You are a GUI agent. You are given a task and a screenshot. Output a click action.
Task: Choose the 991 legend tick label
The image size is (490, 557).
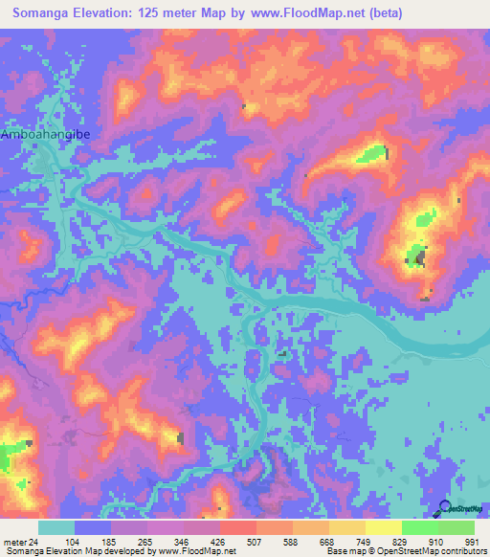click(473, 541)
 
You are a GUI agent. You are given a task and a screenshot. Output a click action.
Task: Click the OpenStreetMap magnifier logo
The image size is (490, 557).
click(445, 508)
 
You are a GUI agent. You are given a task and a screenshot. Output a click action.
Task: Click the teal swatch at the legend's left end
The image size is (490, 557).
click(56, 527)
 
